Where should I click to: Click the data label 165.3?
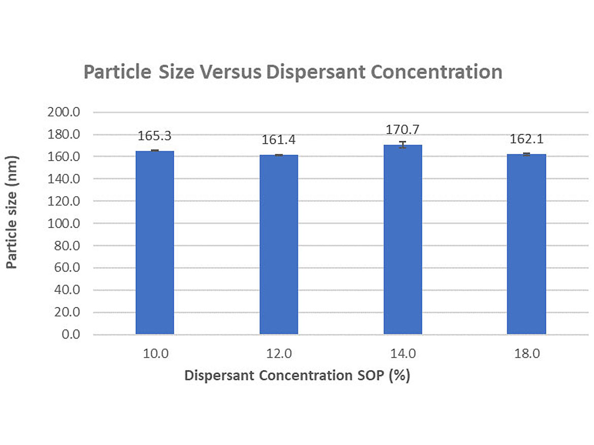coord(155,136)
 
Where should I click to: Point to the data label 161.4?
coord(279,140)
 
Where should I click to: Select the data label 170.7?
coord(403,130)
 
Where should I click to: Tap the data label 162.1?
coord(526,139)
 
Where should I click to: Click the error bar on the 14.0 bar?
coord(403,145)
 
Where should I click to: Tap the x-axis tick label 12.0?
coord(279,354)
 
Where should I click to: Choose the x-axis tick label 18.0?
coord(526,354)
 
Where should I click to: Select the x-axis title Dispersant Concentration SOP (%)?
coord(297,376)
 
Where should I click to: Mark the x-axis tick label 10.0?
coord(155,354)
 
